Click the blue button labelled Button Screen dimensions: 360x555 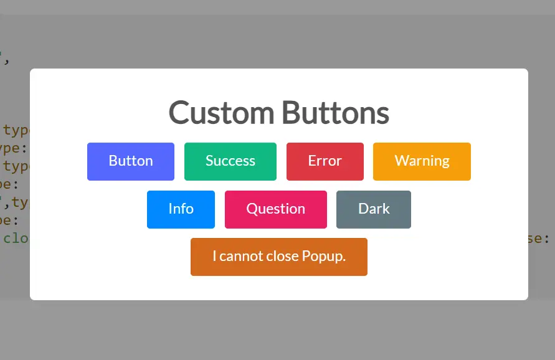pyautogui.click(x=131, y=161)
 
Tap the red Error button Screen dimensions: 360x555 pyautogui.click(x=325, y=161)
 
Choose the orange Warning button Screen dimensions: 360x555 pyautogui.click(x=422, y=161)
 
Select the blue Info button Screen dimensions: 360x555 pyautogui.click(x=181, y=209)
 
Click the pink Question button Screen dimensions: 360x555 pyautogui.click(x=275, y=209)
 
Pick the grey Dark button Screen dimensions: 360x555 pyautogui.click(x=374, y=209)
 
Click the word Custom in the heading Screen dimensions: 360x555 pyautogui.click(x=221, y=113)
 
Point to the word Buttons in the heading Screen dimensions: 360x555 pyautogui.click(x=335, y=113)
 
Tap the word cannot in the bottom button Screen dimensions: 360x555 pyautogui.click(x=240, y=257)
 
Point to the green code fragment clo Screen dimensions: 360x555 pyautogui.click(x=16, y=238)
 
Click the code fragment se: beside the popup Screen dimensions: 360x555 pyautogui.click(x=539, y=238)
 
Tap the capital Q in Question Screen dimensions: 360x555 pyautogui.click(x=252, y=209)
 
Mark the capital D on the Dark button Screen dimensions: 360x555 pyautogui.click(x=364, y=209)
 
